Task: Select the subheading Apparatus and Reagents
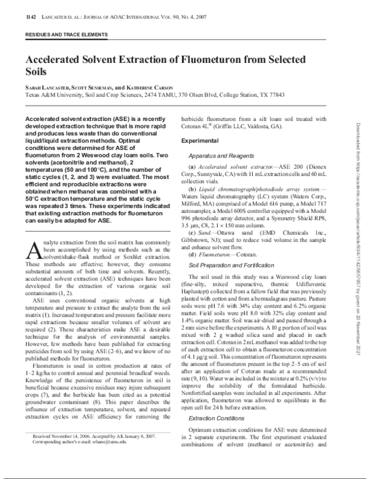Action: (220, 155)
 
